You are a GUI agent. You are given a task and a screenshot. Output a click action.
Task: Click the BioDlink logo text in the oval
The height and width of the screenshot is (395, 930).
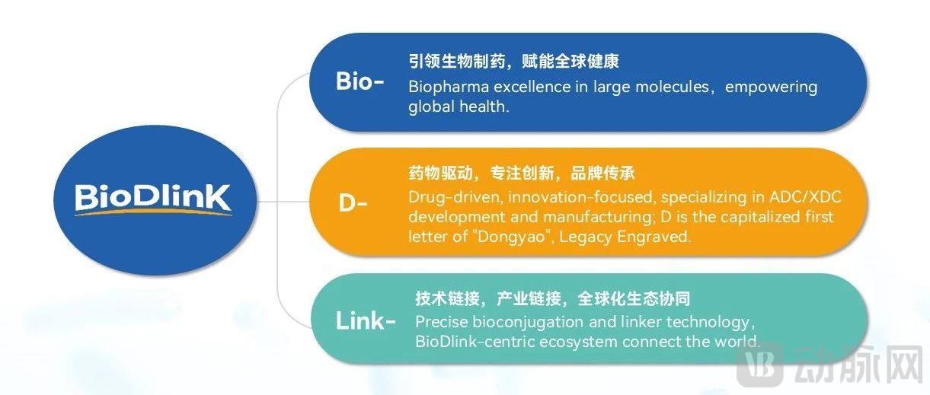(x=153, y=197)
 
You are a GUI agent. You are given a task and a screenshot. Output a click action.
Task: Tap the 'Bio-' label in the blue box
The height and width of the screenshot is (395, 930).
(x=360, y=81)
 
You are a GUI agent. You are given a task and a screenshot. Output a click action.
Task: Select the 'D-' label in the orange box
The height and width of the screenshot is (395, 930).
(x=353, y=203)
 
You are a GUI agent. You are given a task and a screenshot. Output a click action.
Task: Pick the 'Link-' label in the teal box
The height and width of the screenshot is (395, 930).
(x=366, y=320)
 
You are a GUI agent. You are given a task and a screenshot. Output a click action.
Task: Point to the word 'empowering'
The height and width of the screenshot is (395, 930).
(x=772, y=88)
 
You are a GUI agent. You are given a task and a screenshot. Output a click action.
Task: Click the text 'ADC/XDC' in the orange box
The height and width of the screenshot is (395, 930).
(x=805, y=196)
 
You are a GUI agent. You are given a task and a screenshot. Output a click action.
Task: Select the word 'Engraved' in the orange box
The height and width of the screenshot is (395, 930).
(x=654, y=237)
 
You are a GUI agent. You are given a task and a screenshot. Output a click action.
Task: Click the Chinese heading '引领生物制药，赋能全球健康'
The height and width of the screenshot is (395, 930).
(x=513, y=62)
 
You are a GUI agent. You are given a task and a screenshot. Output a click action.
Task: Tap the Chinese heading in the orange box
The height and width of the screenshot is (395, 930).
(x=522, y=174)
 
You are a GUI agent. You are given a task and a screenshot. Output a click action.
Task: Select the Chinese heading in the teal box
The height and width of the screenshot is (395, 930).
(x=553, y=298)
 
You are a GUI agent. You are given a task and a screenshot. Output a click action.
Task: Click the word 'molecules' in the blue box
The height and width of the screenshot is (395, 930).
(x=672, y=87)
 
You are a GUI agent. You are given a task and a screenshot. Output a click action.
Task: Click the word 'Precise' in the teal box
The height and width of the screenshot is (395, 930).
(x=441, y=322)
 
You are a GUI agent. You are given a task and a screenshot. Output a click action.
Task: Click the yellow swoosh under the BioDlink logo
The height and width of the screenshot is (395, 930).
(x=153, y=212)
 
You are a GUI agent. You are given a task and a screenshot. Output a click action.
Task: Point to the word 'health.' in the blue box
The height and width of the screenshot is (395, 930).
(x=484, y=107)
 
